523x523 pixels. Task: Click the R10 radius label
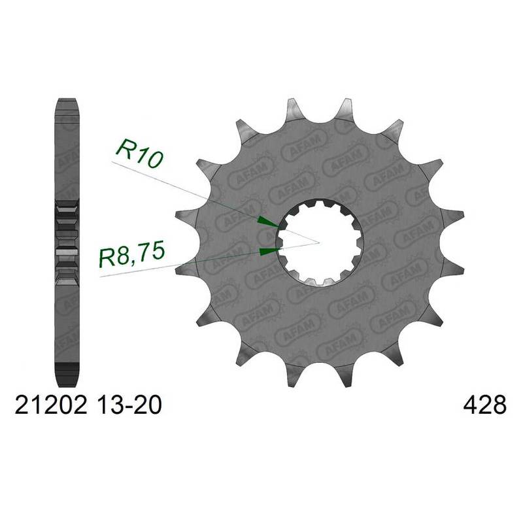click(139, 154)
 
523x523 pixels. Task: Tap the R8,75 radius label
click(132, 255)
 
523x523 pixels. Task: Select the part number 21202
click(51, 405)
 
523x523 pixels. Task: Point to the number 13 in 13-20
click(107, 405)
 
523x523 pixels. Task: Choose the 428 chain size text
click(485, 405)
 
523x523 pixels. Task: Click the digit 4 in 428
click(470, 405)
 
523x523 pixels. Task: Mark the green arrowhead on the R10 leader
click(268, 222)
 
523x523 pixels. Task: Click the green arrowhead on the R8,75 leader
click(269, 252)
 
